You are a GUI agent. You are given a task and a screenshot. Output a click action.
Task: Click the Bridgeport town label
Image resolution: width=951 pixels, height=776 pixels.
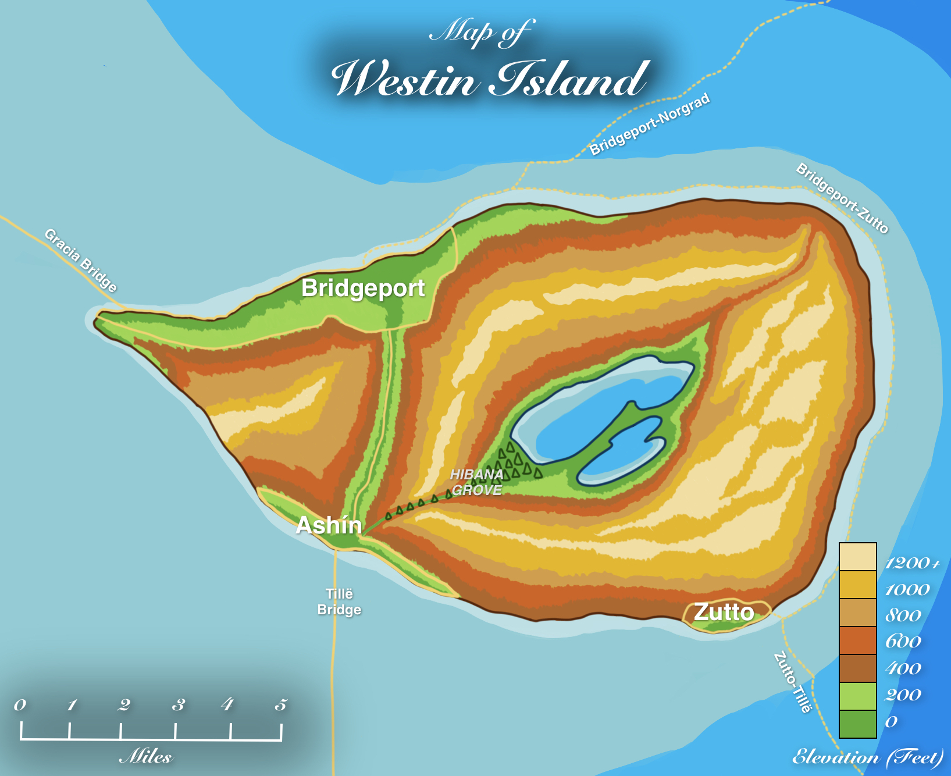point(363,289)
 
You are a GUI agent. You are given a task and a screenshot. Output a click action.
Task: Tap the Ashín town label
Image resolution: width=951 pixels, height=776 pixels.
point(329,525)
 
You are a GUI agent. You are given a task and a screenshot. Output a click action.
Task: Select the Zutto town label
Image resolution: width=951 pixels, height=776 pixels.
point(724,612)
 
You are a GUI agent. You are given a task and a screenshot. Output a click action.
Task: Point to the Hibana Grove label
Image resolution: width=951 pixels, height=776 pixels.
point(477,482)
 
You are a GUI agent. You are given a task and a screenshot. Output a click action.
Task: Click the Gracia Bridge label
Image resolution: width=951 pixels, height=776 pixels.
point(81,260)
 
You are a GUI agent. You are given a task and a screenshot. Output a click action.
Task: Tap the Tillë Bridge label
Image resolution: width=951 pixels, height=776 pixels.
point(339,601)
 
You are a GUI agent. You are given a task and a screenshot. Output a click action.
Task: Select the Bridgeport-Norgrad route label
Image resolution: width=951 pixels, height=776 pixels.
point(650,124)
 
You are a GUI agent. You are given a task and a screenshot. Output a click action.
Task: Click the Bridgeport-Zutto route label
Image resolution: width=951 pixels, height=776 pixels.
point(842,198)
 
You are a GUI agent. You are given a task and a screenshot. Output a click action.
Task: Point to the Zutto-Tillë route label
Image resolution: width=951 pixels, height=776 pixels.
point(793,682)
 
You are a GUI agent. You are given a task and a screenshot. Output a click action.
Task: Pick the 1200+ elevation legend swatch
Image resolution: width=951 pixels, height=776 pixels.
point(857,557)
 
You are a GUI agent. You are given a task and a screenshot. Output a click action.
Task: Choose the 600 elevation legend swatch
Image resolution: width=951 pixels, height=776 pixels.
point(857,640)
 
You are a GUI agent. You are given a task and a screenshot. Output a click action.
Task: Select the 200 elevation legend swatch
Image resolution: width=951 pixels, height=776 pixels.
point(857,696)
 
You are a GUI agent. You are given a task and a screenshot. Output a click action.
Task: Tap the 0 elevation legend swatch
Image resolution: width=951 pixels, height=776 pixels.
point(857,724)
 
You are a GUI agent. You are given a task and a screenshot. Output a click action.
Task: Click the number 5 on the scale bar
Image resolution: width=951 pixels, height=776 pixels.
point(281,705)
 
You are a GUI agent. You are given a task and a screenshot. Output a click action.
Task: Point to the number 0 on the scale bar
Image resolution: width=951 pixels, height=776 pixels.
point(20,705)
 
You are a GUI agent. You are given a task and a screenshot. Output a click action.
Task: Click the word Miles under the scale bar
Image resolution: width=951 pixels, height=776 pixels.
point(146,756)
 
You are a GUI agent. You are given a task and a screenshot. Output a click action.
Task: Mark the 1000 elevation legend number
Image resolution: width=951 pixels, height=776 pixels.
point(907,590)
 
